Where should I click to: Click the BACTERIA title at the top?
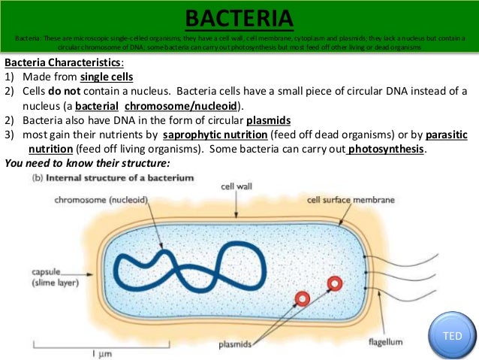tap(239, 17)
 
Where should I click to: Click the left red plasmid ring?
tap(302, 298)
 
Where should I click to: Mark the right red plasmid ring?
tap(334, 283)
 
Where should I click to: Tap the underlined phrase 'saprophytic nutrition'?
tap(215, 135)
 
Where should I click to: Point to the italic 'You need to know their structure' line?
tap(87, 163)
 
